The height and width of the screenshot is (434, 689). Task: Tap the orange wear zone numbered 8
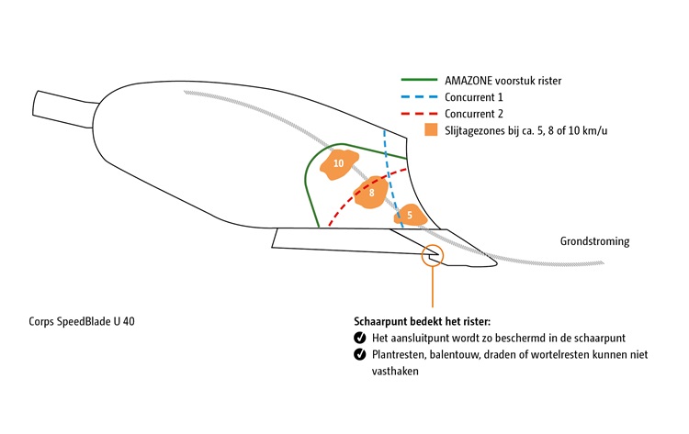point(371,194)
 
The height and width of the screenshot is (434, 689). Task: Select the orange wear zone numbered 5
point(410,215)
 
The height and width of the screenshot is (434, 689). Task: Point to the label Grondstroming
point(594,242)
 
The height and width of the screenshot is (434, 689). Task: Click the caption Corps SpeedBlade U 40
point(86,322)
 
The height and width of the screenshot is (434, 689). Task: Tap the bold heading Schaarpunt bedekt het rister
point(422,322)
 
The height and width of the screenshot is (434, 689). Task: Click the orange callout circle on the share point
point(431,255)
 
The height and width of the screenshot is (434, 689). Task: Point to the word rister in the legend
point(572,81)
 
